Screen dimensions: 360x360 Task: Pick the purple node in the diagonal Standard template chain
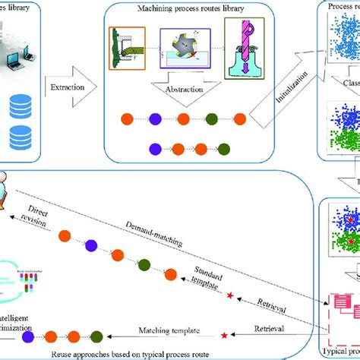[x=92, y=223]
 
